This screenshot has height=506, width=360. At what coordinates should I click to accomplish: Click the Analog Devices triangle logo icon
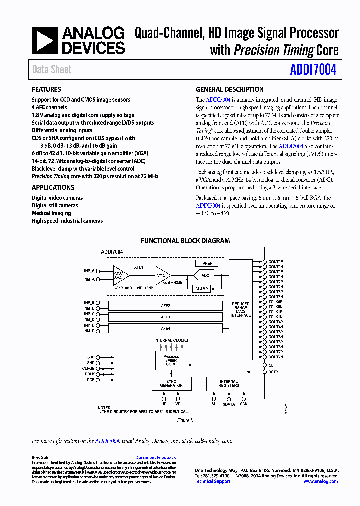[x=45, y=41]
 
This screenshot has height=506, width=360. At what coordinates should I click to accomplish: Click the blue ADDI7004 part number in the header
[x=313, y=70]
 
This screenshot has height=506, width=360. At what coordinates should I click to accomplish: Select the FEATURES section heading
[x=46, y=89]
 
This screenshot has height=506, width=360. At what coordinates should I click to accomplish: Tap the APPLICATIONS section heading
[x=53, y=187]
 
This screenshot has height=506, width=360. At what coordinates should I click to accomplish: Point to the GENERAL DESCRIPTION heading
[x=229, y=89]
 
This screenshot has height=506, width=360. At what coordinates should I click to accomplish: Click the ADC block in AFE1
[x=205, y=275]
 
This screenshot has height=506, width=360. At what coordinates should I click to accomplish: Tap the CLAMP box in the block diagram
[x=202, y=289]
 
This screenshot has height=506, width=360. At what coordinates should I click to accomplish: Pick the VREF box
[x=207, y=263]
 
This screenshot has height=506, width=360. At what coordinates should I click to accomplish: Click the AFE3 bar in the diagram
[x=166, y=317]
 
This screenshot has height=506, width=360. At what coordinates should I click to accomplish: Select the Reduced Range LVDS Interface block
[x=241, y=310]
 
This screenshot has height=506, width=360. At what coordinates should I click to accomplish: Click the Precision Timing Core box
[x=171, y=360]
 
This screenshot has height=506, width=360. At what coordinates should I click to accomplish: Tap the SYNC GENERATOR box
[x=171, y=384]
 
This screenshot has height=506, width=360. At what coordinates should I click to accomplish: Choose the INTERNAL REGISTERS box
[x=229, y=384]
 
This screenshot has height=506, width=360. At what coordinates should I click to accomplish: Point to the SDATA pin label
[x=228, y=404]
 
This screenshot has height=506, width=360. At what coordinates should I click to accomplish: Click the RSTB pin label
[x=273, y=372]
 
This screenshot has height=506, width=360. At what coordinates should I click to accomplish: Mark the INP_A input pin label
[x=89, y=270]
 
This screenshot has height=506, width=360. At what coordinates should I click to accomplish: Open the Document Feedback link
[x=155, y=458]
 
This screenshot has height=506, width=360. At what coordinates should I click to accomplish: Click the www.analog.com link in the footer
[x=320, y=481]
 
